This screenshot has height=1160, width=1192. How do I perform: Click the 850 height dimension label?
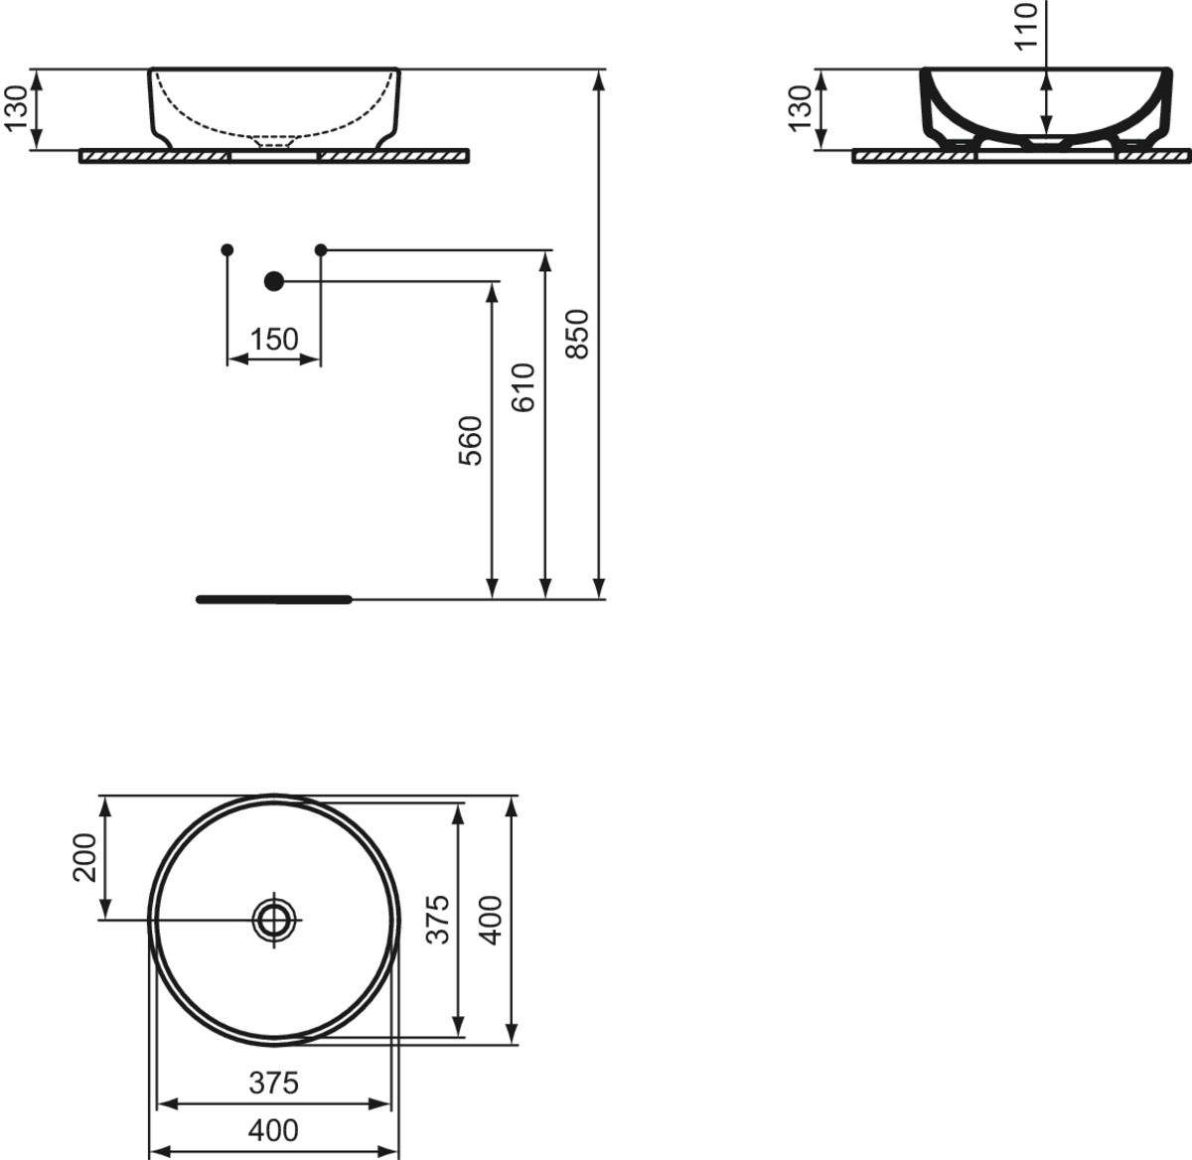click(576, 334)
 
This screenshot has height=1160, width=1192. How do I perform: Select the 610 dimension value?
click(523, 387)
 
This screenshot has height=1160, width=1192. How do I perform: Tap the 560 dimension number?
click(471, 441)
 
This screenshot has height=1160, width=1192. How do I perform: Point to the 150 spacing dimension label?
click(274, 339)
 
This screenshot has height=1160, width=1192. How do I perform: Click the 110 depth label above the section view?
click(1025, 27)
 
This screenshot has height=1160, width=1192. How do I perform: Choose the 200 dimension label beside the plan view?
click(84, 857)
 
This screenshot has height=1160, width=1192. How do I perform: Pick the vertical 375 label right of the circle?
click(437, 920)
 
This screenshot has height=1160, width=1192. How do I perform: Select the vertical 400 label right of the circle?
click(490, 920)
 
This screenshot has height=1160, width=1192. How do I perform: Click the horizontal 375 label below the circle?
click(273, 1083)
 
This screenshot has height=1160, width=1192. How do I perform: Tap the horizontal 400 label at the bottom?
click(273, 1130)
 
